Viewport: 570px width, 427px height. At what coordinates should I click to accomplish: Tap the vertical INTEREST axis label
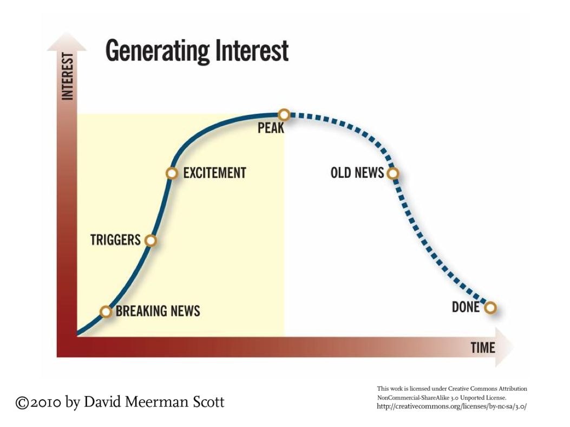[x=68, y=76]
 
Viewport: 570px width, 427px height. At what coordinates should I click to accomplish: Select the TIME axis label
[x=482, y=347]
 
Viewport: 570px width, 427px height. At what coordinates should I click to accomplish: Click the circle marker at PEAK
[x=284, y=114]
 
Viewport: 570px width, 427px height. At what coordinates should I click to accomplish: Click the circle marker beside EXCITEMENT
[x=172, y=173]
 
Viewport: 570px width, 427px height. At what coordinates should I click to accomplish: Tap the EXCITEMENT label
[x=214, y=173]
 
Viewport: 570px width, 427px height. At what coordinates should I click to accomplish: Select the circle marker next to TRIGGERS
[x=151, y=240]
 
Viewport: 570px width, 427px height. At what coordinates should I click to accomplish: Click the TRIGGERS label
[x=115, y=240]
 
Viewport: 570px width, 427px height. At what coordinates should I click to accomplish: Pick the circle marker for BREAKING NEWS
[x=107, y=312]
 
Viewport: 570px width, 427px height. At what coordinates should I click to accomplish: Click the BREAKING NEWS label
[x=158, y=311]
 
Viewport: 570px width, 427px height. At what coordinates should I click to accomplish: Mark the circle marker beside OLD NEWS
[x=393, y=173]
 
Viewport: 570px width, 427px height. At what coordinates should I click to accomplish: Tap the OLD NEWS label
[x=357, y=173]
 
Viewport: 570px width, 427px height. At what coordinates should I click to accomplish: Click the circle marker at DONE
[x=490, y=308]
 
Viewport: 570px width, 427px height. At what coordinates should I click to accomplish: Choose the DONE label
[x=466, y=307]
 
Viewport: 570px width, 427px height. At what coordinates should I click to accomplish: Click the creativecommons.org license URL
[x=451, y=406]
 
